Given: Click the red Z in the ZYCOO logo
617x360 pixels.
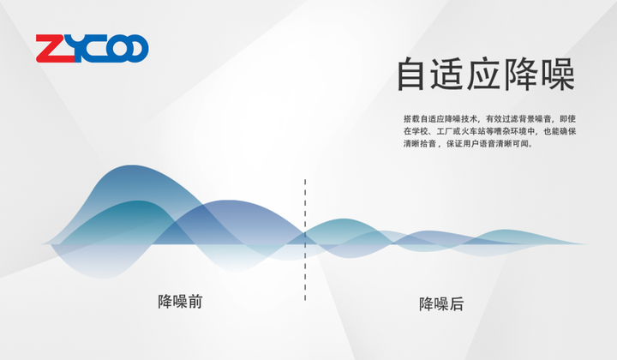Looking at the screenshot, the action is pyautogui.click(x=55, y=48).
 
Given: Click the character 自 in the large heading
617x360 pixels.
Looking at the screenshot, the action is pyautogui.click(x=411, y=74).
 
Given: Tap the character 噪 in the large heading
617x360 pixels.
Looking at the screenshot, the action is pyautogui.click(x=558, y=74).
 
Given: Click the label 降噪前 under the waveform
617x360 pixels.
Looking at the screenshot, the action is pyautogui.click(x=180, y=302).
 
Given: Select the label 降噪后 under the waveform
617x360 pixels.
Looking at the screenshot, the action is pyautogui.click(x=441, y=304).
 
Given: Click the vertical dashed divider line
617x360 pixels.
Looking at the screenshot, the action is pyautogui.click(x=305, y=240).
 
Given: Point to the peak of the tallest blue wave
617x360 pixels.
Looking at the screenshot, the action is pyautogui.click(x=132, y=165).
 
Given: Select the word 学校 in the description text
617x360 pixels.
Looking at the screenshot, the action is pyautogui.click(x=419, y=131).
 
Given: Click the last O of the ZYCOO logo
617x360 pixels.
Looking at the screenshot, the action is pyautogui.click(x=135, y=48).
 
